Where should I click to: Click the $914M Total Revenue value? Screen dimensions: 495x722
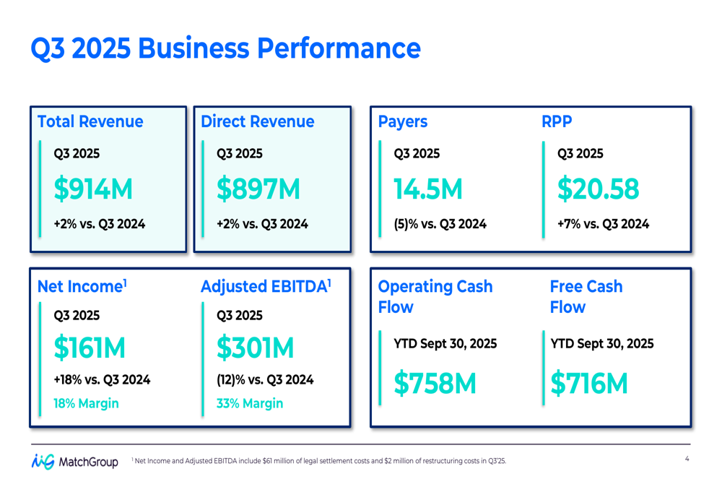[93, 189]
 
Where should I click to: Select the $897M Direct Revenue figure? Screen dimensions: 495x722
[258, 189]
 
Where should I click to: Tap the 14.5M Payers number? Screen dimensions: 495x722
[428, 189]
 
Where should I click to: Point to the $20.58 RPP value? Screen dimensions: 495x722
[598, 189]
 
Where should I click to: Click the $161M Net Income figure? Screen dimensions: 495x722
[90, 349]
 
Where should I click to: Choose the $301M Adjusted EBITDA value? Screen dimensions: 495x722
[256, 349]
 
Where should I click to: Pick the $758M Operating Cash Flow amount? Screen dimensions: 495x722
[435, 384]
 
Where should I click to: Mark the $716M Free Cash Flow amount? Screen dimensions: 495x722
[589, 384]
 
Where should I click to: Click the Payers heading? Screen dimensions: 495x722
[403, 122]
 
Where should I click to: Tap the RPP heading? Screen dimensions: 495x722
[556, 122]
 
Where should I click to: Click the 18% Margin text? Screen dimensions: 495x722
[86, 403]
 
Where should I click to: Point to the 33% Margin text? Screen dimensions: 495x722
[250, 403]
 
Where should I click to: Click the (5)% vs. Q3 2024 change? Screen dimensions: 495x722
[440, 224]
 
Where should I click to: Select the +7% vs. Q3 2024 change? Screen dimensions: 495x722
[603, 224]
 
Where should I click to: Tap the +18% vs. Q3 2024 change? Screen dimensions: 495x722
[102, 379]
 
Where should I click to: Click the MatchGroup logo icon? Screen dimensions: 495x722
[43, 461]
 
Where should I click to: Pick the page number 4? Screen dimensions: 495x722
[687, 459]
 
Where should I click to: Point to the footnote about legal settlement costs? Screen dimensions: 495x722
[318, 461]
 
